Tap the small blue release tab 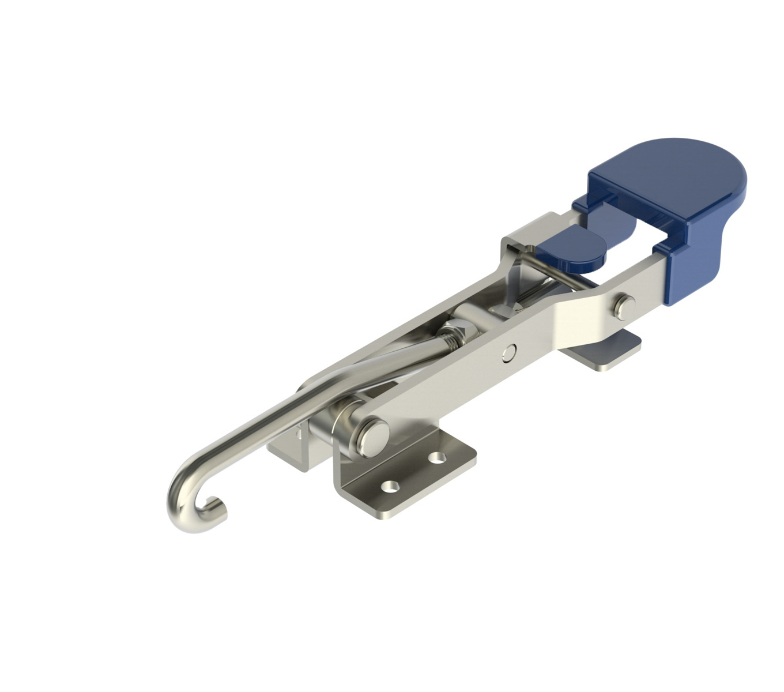(570, 251)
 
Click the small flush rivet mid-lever (508, 352)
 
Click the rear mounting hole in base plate (439, 460)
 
